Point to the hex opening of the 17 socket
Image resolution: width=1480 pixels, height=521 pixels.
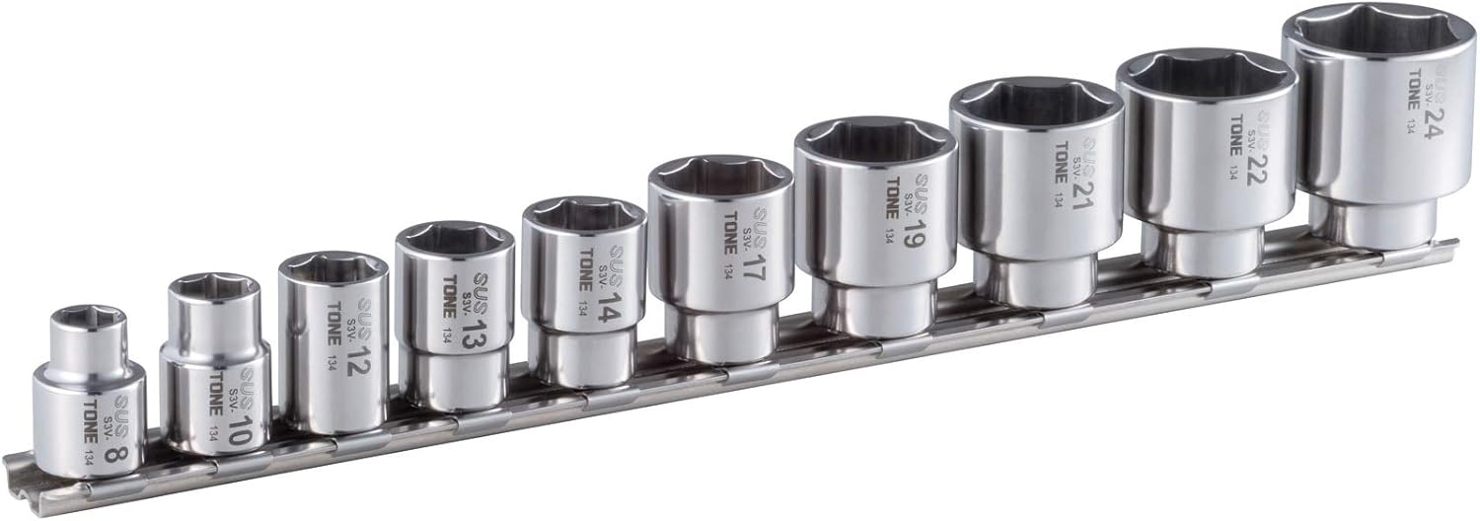[x=720, y=175]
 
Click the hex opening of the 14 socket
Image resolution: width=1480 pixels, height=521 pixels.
[x=583, y=215]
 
